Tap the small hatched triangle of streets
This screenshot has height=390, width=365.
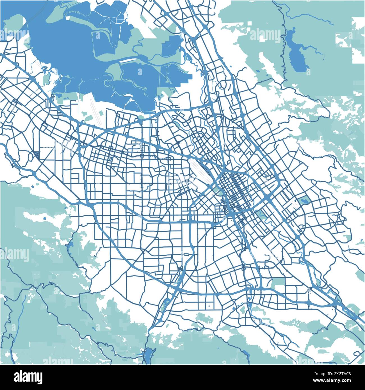click(x=37, y=155)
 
